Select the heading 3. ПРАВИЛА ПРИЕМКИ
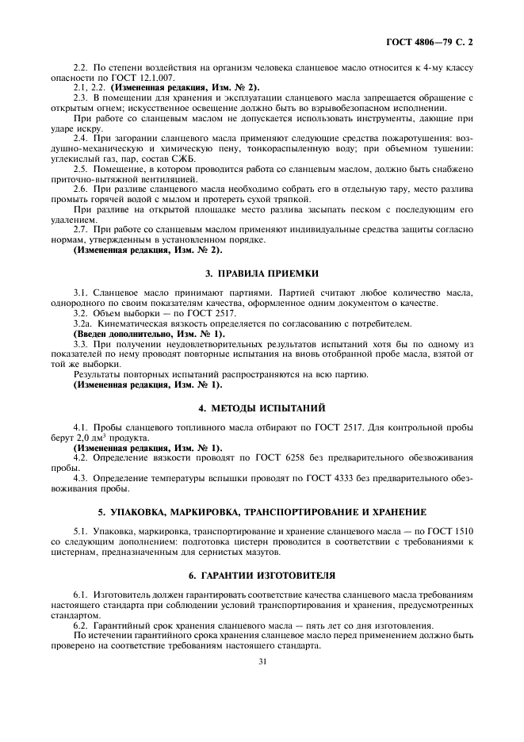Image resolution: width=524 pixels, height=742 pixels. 262,273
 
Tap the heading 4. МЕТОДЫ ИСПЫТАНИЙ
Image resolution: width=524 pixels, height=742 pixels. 262,408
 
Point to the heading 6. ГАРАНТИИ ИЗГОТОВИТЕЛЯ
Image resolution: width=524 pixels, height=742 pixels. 262,575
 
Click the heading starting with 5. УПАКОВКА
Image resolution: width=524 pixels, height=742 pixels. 262,511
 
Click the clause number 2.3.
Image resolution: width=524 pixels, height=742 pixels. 80,98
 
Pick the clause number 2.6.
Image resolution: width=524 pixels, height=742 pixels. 80,189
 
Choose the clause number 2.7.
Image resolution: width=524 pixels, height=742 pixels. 80,230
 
